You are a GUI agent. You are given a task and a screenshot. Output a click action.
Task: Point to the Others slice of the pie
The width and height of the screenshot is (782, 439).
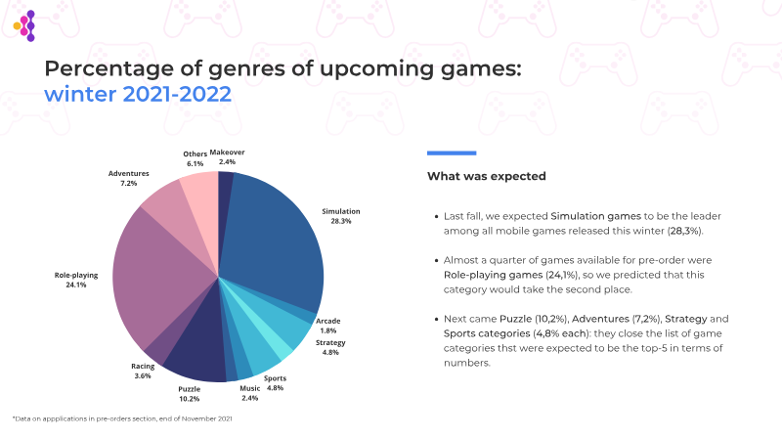click(200, 192)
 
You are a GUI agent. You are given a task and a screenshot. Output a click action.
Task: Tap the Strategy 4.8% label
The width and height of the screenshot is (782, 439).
click(330, 348)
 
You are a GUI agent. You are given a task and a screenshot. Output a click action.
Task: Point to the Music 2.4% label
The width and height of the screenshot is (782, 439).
click(250, 393)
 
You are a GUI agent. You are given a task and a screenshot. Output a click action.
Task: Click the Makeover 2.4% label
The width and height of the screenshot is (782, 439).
click(227, 156)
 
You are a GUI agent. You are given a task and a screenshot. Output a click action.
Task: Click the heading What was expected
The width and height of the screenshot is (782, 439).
click(486, 177)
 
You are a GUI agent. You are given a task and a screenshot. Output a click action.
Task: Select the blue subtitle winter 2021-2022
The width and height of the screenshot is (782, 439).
click(138, 95)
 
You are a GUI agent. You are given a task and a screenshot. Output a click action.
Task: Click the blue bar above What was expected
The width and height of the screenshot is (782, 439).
click(452, 153)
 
